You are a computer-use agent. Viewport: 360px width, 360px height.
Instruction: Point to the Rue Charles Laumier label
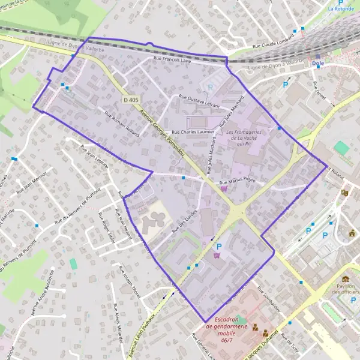(x=193, y=131)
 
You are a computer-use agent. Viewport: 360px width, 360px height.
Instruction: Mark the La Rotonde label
(x=340, y=9)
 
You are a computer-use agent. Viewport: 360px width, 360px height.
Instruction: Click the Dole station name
(x=319, y=63)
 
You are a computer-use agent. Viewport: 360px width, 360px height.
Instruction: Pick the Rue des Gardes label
(x=184, y=226)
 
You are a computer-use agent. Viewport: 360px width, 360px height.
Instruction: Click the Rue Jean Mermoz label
(x=32, y=181)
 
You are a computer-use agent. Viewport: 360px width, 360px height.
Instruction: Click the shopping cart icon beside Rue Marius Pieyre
(x=224, y=188)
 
